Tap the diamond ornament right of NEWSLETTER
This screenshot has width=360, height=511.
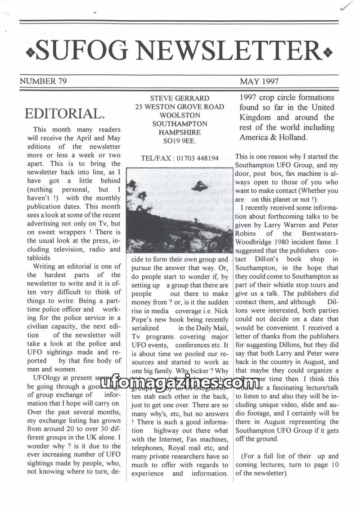(328, 53)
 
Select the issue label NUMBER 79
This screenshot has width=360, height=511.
(43, 81)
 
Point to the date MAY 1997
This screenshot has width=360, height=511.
(259, 81)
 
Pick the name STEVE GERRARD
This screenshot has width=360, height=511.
(180, 98)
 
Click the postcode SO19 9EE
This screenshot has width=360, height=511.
(180, 141)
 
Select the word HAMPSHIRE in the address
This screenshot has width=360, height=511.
(180, 132)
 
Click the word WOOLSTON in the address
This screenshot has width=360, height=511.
(180, 115)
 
